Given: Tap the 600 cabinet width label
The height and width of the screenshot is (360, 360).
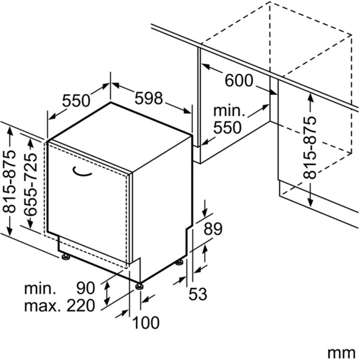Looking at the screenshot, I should click(x=239, y=80).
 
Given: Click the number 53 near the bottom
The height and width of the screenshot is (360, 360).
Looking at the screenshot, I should click(x=197, y=294).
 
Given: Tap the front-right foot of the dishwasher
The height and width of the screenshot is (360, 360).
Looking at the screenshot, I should click(x=140, y=285).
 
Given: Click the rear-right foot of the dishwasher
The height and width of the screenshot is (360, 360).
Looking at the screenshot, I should click(x=179, y=262).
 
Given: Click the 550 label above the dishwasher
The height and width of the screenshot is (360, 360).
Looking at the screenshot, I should click(x=76, y=101).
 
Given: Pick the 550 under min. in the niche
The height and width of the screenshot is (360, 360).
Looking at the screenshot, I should click(x=227, y=127).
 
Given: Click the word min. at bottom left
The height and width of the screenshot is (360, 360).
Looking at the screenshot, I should click(x=40, y=289).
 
